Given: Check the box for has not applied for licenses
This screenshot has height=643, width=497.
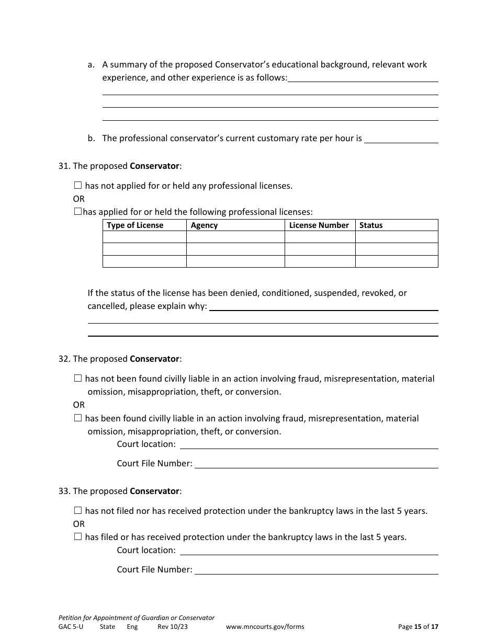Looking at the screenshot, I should (78, 186).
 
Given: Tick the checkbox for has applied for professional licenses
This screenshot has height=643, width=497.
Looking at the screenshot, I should (78, 212).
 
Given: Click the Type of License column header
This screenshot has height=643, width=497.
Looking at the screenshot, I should (135, 225).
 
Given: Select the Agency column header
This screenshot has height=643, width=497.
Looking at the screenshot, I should (204, 225).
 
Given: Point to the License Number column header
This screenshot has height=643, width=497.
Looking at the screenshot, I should (319, 225).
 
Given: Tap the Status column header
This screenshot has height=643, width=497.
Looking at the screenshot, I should (371, 225).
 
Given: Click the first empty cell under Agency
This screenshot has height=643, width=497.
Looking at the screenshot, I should (235, 237).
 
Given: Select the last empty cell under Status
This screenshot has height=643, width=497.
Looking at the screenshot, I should (397, 261).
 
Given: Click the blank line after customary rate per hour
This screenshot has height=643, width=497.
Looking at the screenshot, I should (401, 139).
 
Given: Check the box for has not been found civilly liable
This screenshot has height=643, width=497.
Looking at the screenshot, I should (78, 378).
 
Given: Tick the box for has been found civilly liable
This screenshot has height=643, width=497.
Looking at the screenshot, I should (78, 418).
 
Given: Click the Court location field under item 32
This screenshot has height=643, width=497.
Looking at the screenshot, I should (309, 444).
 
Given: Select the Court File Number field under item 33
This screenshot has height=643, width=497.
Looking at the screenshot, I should (316, 570).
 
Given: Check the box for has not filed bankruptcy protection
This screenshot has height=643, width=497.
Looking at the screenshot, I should (78, 511).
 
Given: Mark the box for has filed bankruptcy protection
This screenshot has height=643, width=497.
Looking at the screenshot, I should (78, 537).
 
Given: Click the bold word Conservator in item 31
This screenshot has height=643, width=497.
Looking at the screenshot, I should (154, 166).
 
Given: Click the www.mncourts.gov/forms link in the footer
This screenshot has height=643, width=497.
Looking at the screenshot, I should (265, 627).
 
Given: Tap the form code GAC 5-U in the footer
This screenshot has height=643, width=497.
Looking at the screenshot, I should (71, 627).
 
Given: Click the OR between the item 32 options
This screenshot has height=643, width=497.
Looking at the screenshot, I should (78, 405).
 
